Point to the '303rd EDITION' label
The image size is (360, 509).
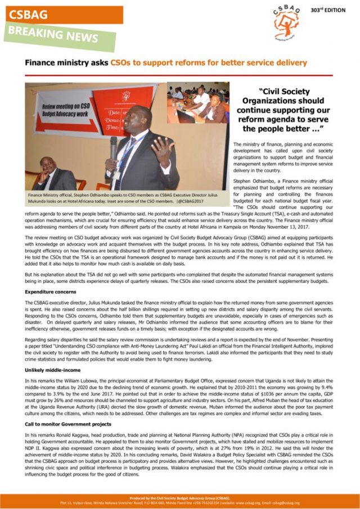click(x=328, y=10)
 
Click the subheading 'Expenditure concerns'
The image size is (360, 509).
click(x=50, y=292)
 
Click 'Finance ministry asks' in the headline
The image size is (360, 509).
click(x=66, y=63)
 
